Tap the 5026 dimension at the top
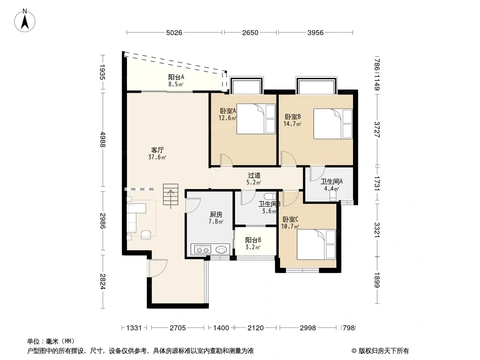click(x=174, y=32)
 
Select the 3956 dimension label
click(x=315, y=32)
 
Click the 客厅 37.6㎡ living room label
click(x=157, y=153)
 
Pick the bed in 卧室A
click(x=256, y=119)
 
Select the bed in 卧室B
click(x=333, y=124)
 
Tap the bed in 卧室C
click(x=317, y=244)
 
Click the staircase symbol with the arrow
click(x=171, y=194)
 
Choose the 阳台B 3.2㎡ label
click(x=253, y=243)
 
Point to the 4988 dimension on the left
click(x=103, y=139)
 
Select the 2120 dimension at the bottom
click(x=256, y=328)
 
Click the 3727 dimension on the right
click(x=377, y=130)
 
